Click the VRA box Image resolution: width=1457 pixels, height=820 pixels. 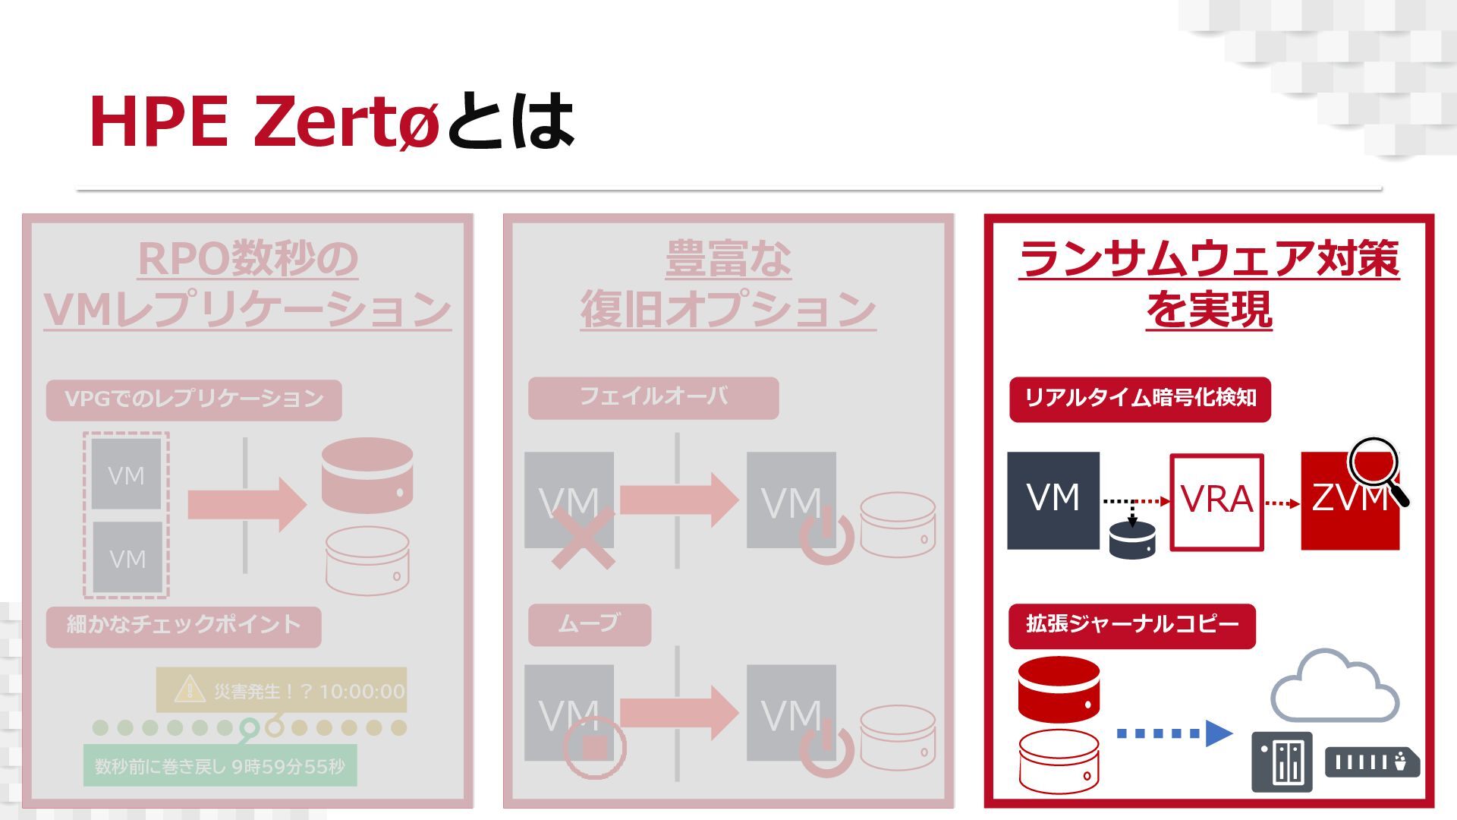coord(1216,501)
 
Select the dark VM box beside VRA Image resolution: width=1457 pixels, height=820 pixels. coord(1053,500)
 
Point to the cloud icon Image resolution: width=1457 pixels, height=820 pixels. coord(1333,687)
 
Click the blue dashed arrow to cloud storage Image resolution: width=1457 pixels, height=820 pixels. coord(1173,733)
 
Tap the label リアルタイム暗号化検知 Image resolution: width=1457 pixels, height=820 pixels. coord(1140,399)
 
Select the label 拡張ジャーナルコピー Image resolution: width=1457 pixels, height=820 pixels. coord(1131,625)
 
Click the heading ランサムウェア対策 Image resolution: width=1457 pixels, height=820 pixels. coord(1209,259)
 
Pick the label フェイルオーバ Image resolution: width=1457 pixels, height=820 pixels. coord(653,397)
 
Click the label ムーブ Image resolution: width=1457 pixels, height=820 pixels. coord(589,624)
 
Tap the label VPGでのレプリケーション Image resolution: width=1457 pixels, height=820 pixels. coord(194,399)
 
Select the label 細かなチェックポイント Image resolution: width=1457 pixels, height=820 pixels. coord(184,626)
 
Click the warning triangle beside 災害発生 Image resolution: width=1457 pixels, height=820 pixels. coord(188,689)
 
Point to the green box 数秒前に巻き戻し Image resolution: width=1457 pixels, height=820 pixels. coord(219,766)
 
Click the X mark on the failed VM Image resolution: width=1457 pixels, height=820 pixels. coord(582,539)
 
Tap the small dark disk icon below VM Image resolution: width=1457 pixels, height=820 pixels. coord(1131,539)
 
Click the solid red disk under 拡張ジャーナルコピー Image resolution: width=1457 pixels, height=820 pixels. coord(1059,689)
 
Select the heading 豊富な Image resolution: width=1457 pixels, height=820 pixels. coord(728,259)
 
